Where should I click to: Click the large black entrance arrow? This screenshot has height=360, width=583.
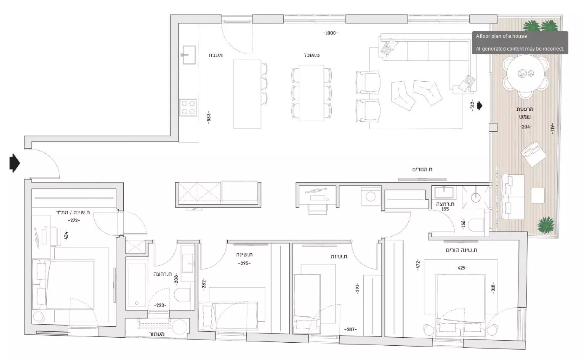(15, 163)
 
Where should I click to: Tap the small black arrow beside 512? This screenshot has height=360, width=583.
(479, 106)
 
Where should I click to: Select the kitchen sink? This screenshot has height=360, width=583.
(189, 55)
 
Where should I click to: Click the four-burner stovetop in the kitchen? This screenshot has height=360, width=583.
(188, 107)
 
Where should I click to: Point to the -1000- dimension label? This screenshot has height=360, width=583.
(331, 33)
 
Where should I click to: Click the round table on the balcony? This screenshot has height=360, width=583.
(526, 73)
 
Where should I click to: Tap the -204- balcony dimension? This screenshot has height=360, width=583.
(526, 127)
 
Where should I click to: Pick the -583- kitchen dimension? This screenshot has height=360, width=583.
(208, 117)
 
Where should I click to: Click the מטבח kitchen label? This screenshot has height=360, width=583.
(216, 55)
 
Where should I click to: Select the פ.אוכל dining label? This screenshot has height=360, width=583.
(311, 55)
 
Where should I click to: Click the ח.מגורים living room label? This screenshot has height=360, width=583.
(422, 169)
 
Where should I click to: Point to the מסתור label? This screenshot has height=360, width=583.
(157, 334)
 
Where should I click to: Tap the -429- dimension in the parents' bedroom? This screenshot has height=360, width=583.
(461, 268)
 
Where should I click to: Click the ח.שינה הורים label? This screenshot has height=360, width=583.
(461, 251)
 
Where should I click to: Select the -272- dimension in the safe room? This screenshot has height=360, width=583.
(74, 221)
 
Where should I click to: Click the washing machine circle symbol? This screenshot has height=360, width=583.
(370, 197)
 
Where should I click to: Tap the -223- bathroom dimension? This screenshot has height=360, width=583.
(160, 305)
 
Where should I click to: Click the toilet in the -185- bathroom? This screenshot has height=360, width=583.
(476, 225)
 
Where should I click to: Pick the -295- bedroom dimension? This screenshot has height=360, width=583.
(245, 264)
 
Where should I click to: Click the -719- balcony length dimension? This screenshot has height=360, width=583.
(552, 128)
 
